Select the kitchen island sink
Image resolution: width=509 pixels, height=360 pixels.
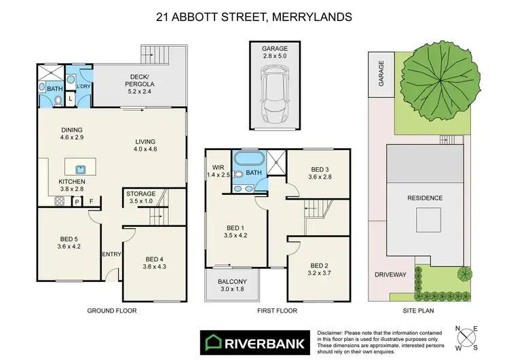pos(79,168)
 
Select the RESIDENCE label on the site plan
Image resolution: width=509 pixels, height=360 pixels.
pos(425,198)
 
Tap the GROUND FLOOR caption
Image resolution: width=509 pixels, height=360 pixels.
pos(112,310)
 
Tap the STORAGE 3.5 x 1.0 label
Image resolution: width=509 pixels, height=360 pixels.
pos(141,198)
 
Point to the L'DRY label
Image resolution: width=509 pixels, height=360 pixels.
pos(83,87)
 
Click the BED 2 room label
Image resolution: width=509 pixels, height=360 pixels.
pos(319,269)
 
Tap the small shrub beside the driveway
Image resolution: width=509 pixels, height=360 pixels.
pos(464,274)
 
